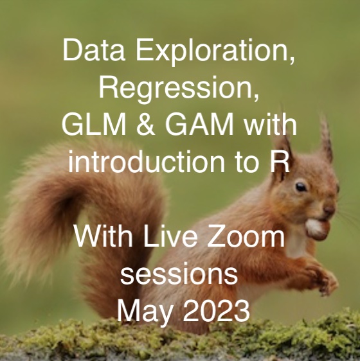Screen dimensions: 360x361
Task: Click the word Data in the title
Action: click(94, 49)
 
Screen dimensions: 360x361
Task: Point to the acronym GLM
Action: click(94, 125)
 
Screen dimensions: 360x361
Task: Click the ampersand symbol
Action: click(146, 125)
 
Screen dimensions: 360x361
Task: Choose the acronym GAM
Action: click(199, 125)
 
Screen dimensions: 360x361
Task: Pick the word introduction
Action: click(147, 161)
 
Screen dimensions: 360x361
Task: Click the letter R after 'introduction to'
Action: click(280, 161)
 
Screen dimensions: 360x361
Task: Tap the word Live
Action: click(170, 236)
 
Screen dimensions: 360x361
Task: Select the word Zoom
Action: click(246, 236)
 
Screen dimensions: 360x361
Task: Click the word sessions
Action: click(179, 275)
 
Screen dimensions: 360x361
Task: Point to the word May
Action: click(145, 312)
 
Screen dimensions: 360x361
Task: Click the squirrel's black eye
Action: click(301, 187)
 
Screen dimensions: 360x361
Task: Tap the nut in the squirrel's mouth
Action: click(318, 229)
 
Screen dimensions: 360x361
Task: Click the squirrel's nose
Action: click(329, 210)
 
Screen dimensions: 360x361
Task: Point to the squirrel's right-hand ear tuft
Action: click(327, 138)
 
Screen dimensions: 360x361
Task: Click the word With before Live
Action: click(104, 236)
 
